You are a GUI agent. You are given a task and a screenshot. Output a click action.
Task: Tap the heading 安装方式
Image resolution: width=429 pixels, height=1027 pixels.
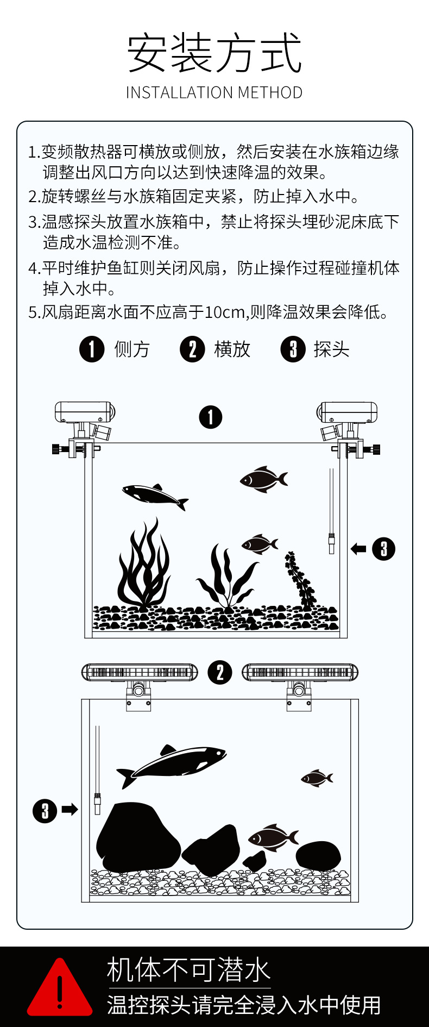click(x=214, y=53)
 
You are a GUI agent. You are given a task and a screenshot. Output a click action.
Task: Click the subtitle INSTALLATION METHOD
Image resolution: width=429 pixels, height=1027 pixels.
click(x=214, y=93)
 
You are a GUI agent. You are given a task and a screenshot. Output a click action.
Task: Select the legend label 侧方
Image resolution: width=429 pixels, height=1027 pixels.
click(x=132, y=349)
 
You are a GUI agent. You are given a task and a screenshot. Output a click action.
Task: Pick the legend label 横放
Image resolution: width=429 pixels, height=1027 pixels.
click(x=232, y=349)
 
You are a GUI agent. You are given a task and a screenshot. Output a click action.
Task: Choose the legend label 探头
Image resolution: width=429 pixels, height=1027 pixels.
click(x=331, y=349)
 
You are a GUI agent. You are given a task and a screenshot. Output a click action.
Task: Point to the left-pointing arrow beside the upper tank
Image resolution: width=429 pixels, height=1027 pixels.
click(x=358, y=549)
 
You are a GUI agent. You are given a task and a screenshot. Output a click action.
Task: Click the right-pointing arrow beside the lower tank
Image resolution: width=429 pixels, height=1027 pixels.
click(x=70, y=810)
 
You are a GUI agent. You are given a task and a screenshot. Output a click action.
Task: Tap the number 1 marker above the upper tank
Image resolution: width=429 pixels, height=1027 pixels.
click(x=211, y=417)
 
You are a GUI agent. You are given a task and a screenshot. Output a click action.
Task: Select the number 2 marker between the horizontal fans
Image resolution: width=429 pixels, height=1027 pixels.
click(x=220, y=672)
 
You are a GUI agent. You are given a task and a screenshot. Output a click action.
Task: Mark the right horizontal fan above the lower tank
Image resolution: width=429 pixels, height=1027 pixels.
click(x=300, y=672)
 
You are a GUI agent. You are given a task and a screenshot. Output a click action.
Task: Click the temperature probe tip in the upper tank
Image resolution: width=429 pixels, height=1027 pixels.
click(x=331, y=543)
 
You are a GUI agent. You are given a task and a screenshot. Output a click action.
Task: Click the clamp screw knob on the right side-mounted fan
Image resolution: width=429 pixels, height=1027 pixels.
click(x=376, y=449)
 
